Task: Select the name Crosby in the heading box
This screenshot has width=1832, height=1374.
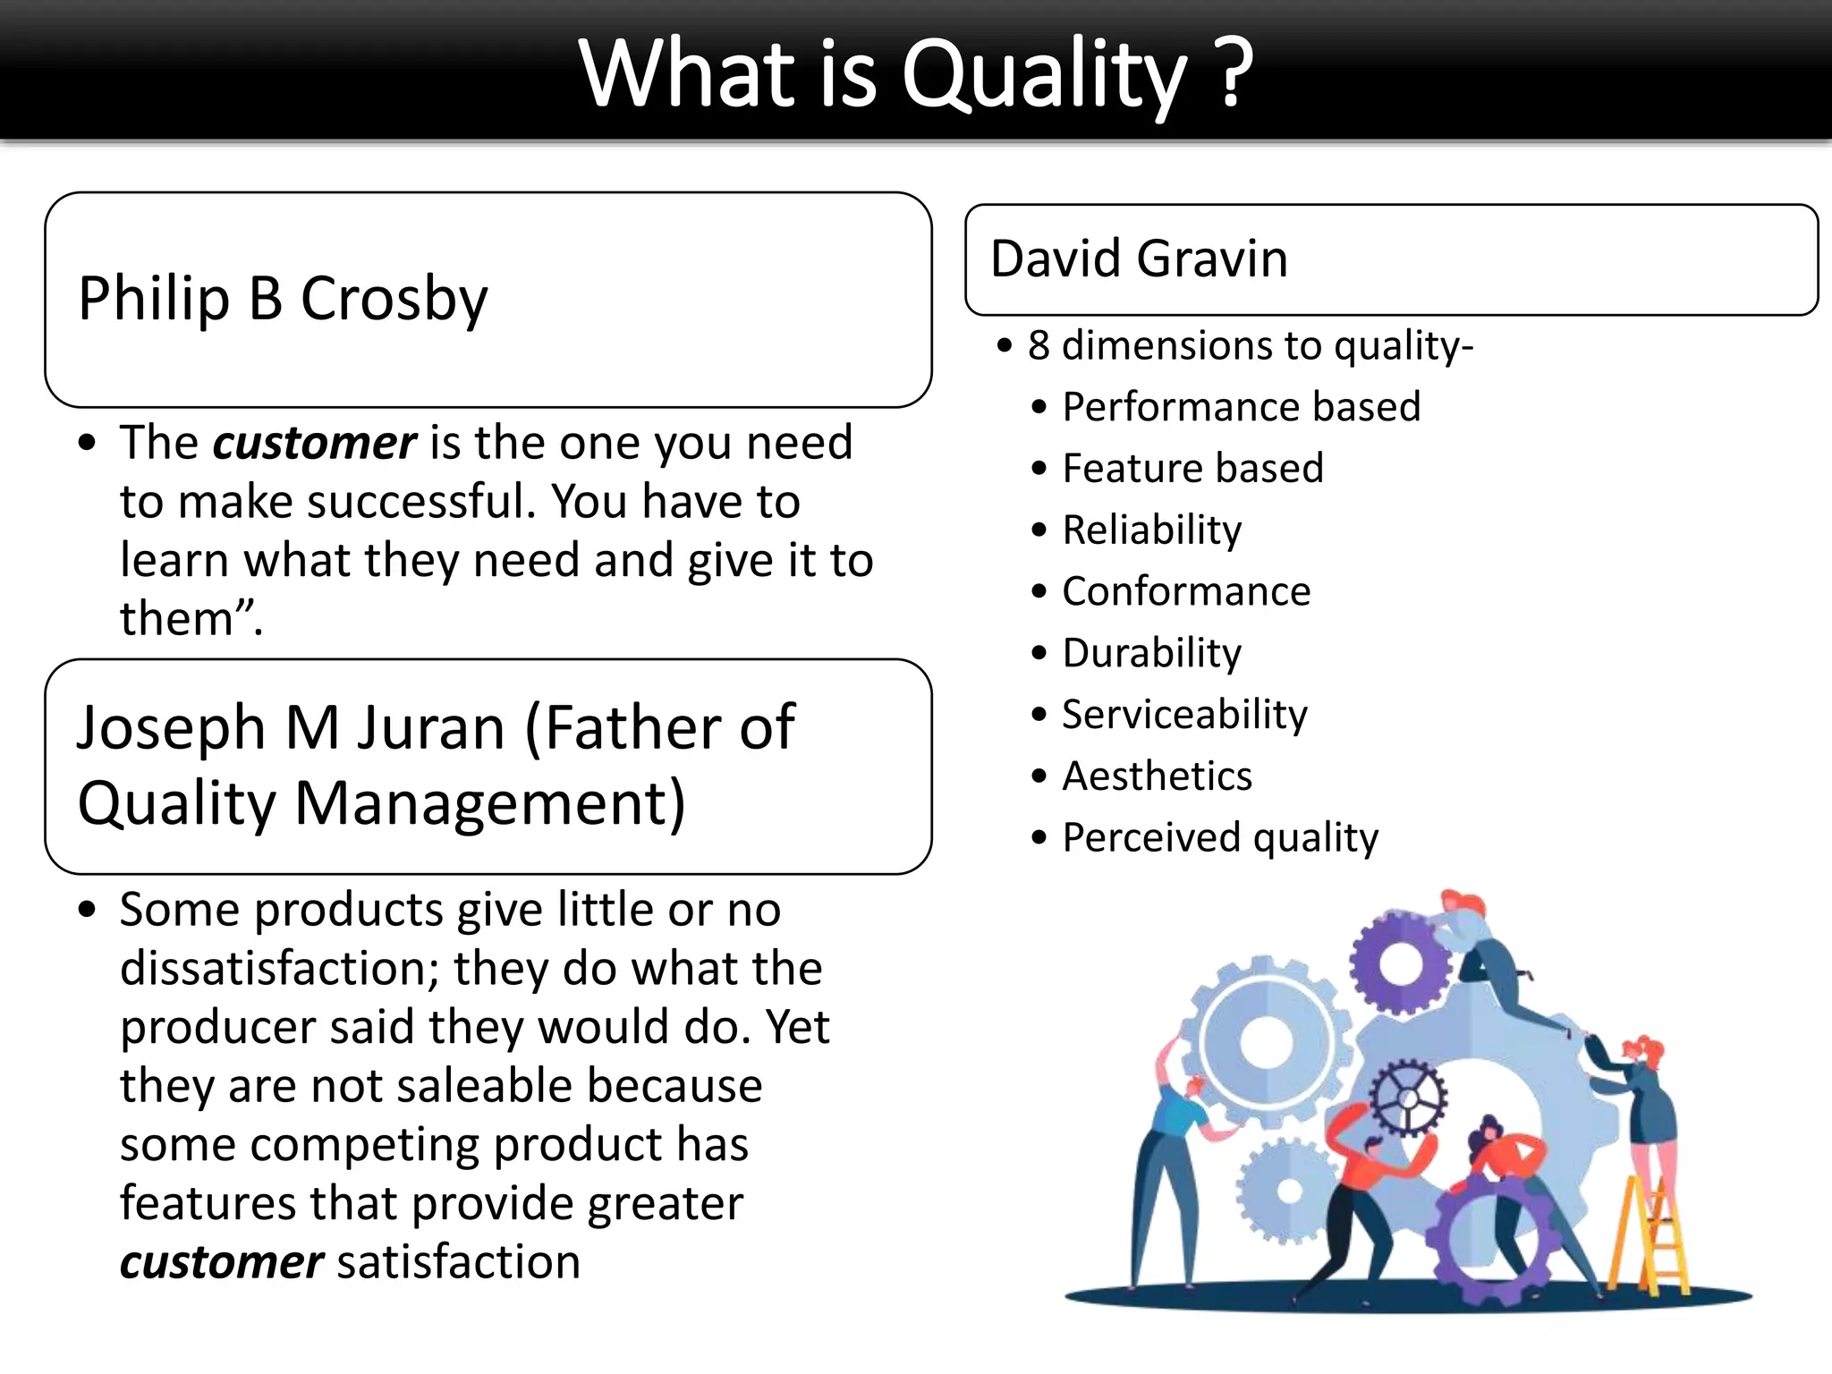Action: click(x=394, y=299)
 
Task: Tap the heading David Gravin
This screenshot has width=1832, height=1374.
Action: click(x=1139, y=259)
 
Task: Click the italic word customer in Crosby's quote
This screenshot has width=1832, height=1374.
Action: click(x=314, y=443)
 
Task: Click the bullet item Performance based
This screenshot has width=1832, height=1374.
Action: click(x=1241, y=407)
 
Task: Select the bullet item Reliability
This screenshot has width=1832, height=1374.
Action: click(x=1151, y=530)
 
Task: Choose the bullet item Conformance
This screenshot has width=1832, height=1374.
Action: click(x=1185, y=591)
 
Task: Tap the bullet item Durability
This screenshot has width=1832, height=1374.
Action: click(x=1151, y=653)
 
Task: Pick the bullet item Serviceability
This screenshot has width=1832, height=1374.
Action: click(x=1184, y=715)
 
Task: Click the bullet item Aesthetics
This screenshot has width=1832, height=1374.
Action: click(x=1157, y=776)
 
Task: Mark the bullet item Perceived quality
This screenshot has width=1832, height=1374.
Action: click(x=1219, y=838)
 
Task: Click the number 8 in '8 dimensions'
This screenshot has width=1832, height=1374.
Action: click(x=1038, y=346)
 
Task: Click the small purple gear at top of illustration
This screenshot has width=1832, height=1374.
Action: click(x=1400, y=963)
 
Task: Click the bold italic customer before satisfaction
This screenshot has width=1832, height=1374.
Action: click(x=221, y=1262)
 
